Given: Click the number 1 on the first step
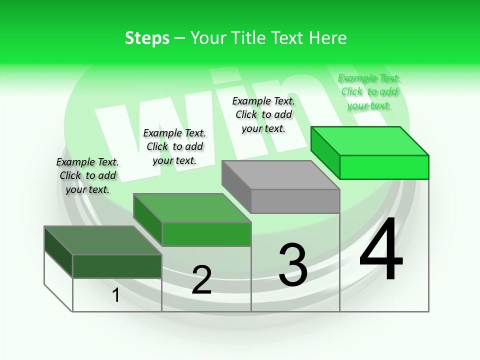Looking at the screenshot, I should point(116,295).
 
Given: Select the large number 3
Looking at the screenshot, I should point(293,265).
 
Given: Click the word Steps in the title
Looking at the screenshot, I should point(147,38).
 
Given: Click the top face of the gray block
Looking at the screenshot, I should point(280,175).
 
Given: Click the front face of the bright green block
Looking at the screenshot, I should point(384,167).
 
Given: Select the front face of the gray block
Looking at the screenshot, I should point(295,201).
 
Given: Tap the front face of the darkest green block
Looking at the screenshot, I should point(117,266).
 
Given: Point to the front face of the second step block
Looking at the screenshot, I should point(206,234).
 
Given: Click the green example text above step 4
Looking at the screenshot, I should point(369,91).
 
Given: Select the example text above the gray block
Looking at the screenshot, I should point(263,114).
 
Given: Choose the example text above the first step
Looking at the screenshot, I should point(87,175).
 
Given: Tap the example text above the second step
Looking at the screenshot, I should point(174,146).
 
